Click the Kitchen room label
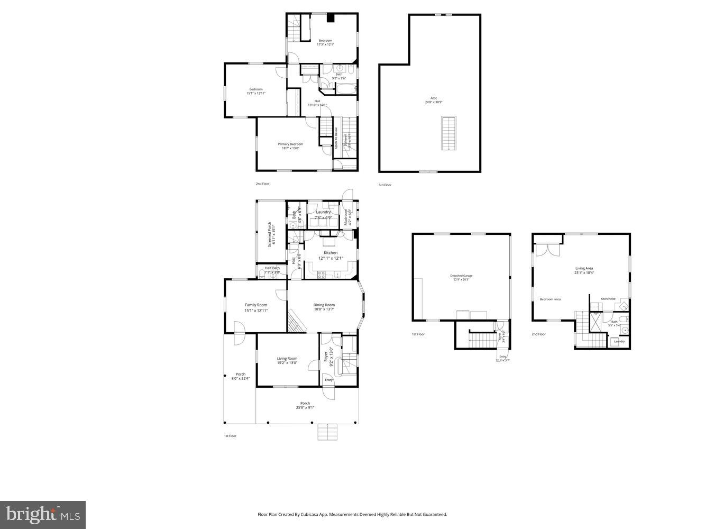[x=331, y=253]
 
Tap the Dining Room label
[x=324, y=305]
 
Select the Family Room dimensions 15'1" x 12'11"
[x=256, y=311]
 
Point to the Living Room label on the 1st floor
[x=287, y=359]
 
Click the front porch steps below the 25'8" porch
[x=328, y=432]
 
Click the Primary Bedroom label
[x=290, y=144]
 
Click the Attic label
[x=434, y=98]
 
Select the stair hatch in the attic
[x=448, y=133]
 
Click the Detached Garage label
[x=461, y=276]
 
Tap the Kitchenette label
[x=608, y=299]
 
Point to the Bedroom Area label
[x=550, y=299]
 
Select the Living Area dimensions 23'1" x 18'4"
[x=584, y=273]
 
